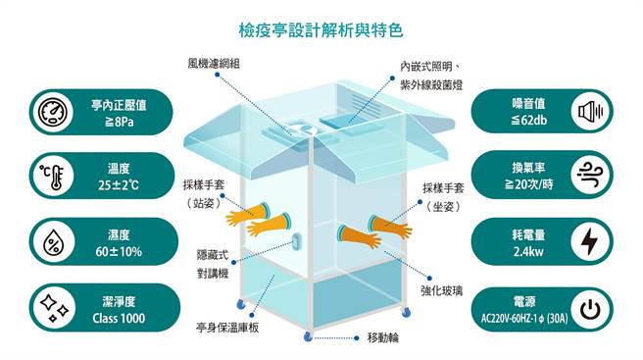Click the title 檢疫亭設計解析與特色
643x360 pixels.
point(321,30)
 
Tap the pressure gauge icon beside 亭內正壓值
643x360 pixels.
point(50,114)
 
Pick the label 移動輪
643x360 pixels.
point(384,338)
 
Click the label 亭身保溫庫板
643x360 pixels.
point(227,326)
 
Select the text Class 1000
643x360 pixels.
point(118,317)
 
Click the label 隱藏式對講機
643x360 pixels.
point(214,263)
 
